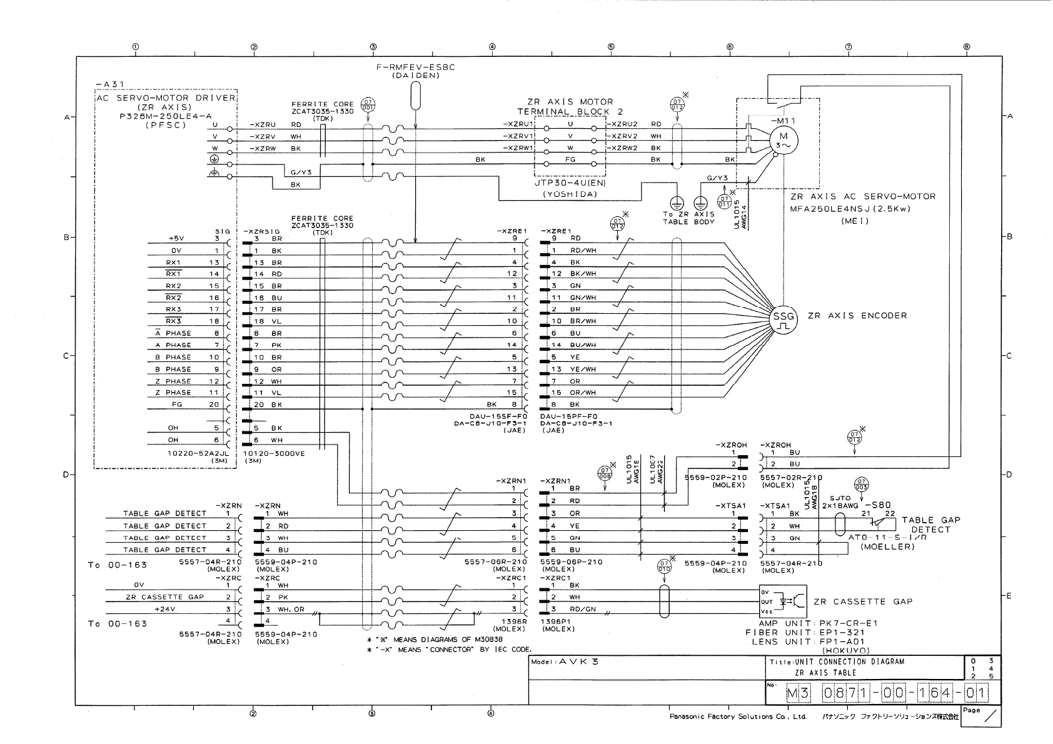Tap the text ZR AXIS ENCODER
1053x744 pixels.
[x=857, y=316]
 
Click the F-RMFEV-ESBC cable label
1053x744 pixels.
[x=416, y=68]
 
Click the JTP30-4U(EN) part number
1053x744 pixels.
[x=570, y=183]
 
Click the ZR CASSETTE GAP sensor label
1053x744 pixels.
[x=862, y=601]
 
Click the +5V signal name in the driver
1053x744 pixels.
[x=176, y=238]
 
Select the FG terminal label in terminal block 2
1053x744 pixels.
[x=570, y=159]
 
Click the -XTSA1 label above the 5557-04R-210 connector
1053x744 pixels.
[x=775, y=506]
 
